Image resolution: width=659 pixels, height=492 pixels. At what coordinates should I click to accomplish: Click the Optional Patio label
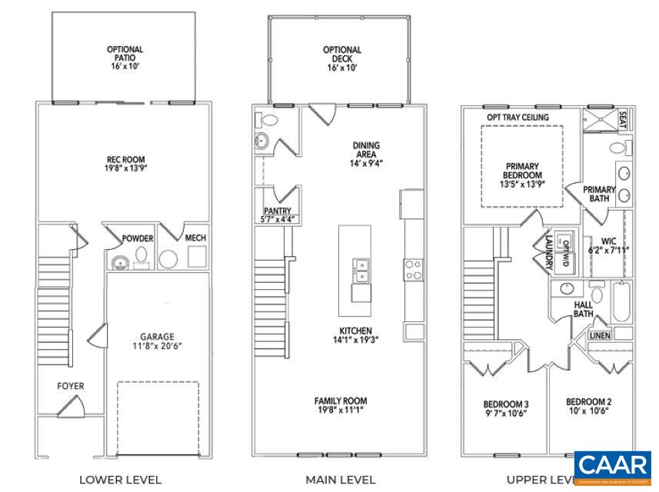point(125,51)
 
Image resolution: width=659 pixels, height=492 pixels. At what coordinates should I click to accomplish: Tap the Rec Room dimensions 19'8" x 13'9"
point(125,168)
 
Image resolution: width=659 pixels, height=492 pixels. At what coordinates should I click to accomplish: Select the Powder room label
point(138,238)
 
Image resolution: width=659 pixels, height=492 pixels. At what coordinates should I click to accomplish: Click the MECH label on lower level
point(195,238)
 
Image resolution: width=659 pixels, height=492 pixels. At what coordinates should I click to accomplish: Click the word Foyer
point(71,386)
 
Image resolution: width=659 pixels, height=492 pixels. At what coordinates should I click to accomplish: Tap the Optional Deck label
point(341,51)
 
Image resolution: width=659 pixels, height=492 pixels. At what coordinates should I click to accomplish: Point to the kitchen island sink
point(360,268)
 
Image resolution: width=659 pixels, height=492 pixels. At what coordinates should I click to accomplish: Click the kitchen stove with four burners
point(413,269)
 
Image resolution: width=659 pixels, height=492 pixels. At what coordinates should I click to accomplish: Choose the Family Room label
point(340,401)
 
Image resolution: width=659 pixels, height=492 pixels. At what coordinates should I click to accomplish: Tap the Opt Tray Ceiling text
point(518,117)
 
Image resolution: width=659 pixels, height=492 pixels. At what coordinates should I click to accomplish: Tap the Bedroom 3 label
point(505,404)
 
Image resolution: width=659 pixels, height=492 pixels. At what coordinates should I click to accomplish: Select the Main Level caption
point(341,480)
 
